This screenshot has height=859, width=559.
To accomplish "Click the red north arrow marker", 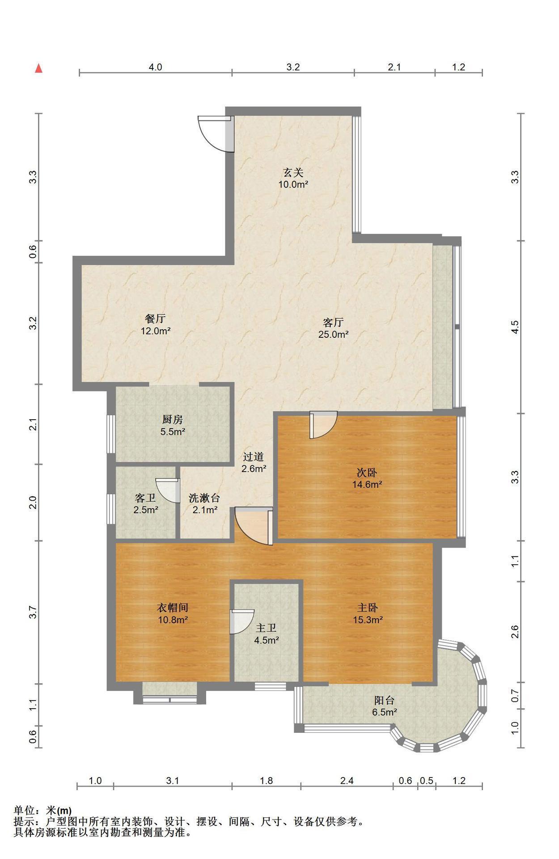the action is tap(39, 68).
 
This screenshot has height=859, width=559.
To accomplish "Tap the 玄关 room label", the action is tap(293, 172).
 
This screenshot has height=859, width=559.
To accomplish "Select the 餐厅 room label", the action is tap(156, 319).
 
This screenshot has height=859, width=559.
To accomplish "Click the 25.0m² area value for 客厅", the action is tap(333, 334).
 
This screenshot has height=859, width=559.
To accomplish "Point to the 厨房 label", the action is tap(173, 420).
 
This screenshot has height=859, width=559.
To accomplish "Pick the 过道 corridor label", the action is tap(254, 457).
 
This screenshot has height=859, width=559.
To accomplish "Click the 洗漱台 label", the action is tap(204, 498).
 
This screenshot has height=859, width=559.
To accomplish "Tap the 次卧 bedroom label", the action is tap(367, 472).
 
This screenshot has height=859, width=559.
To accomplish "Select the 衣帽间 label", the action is tap(172, 608).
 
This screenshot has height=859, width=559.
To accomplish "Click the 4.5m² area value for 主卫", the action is tap(267, 640).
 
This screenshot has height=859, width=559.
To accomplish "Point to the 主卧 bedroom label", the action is tap(367, 608).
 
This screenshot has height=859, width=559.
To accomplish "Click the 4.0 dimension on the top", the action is tap(155, 67).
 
